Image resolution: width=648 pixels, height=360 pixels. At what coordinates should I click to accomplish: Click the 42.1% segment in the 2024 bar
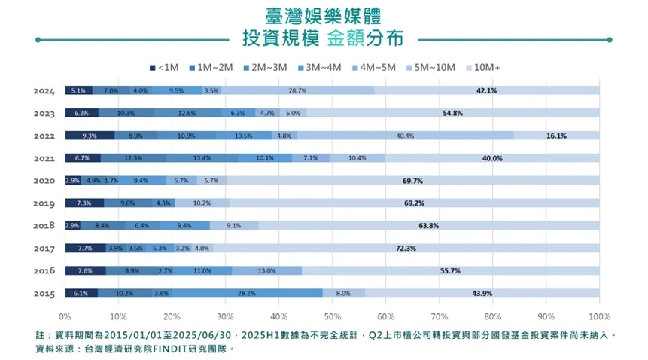[x=487, y=90]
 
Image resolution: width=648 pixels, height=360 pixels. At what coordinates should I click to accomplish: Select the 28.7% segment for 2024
[x=297, y=90]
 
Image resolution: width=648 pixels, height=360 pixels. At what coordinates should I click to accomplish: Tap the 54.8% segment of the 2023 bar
[x=452, y=113]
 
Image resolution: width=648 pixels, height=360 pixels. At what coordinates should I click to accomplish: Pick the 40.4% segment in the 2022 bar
[x=406, y=136]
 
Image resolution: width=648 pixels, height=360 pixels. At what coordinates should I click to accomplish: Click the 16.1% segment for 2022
[x=556, y=136]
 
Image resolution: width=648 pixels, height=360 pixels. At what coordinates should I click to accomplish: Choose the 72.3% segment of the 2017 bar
[x=406, y=248]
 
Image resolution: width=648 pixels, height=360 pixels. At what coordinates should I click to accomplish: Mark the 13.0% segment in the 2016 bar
[x=266, y=270]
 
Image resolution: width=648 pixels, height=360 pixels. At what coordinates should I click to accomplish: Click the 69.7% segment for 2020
[x=412, y=181]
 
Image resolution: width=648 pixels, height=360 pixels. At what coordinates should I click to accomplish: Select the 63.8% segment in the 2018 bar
[x=428, y=225]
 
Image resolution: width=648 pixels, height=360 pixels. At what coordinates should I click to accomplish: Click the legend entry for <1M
[x=164, y=67]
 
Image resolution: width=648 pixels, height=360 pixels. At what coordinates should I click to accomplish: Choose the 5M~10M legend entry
[x=430, y=67]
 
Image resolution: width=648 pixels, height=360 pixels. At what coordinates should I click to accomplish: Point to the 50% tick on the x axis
[x=332, y=316]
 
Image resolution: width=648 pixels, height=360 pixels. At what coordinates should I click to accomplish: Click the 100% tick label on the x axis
[x=599, y=316]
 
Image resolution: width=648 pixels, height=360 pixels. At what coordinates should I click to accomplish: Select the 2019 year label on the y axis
[x=44, y=203]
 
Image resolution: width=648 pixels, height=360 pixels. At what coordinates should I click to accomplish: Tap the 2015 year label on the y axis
[x=44, y=293]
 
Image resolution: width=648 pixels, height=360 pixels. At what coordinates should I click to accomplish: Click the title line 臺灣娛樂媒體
[x=324, y=15]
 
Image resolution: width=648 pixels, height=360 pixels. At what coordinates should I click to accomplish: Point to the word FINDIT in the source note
[x=174, y=349]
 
